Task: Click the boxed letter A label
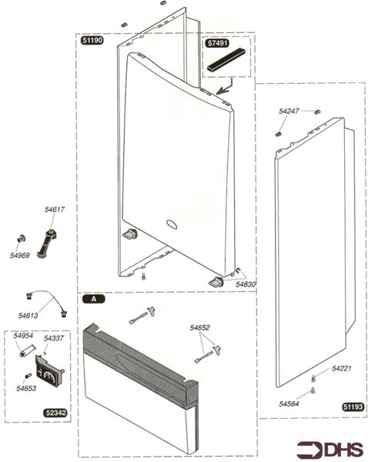point(94,297)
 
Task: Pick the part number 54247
point(288,112)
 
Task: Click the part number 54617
point(55,209)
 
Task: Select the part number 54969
point(20,255)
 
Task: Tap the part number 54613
point(29,315)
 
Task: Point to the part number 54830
point(246,284)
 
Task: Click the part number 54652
point(200,328)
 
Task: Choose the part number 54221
point(342,369)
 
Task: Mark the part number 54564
point(289,403)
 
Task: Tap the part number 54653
point(26,389)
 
